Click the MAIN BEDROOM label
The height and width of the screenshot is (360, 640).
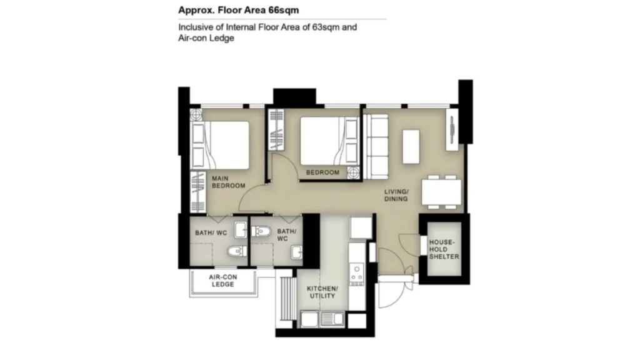pyautogui.click(x=229, y=182)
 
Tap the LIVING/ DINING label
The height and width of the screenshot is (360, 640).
pyautogui.click(x=396, y=196)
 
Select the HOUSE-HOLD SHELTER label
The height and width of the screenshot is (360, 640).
pyautogui.click(x=444, y=249)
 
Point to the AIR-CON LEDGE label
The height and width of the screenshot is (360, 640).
pyautogui.click(x=223, y=281)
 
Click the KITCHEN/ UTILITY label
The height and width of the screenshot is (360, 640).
pyautogui.click(x=322, y=292)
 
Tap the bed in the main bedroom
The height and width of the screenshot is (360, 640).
pyautogui.click(x=220, y=145)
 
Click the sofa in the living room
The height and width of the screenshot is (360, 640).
pyautogui.click(x=376, y=146)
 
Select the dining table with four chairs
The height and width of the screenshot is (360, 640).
pyautogui.click(x=442, y=192)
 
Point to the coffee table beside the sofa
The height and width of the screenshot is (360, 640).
pyautogui.click(x=411, y=147)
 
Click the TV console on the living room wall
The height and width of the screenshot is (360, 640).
pyautogui.click(x=452, y=129)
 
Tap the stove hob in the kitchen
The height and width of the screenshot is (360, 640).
pyautogui.click(x=357, y=274)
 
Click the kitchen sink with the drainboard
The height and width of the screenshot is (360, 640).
pyautogui.click(x=332, y=319)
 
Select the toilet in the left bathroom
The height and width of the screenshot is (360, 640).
pyautogui.click(x=236, y=251)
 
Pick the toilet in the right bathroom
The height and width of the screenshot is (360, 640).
pyautogui.click(x=261, y=232)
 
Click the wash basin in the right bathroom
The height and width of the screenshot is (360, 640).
pyautogui.click(x=297, y=252)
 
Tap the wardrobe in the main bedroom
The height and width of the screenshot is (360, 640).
pyautogui.click(x=198, y=192)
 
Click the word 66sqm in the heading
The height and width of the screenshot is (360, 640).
pyautogui.click(x=284, y=10)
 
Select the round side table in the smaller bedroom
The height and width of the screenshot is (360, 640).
pyautogui.click(x=354, y=172)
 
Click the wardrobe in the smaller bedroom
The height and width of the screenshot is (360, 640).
pyautogui.click(x=276, y=129)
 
